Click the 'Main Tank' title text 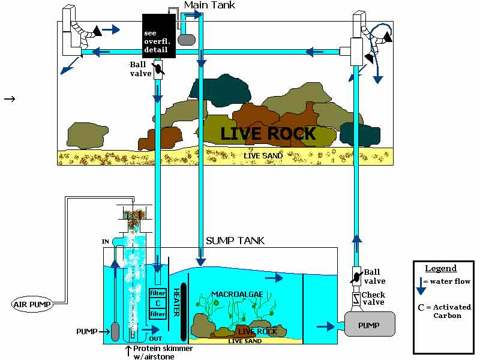[x=209, y=5]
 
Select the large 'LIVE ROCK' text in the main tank [x=268, y=133]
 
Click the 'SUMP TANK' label [x=235, y=241]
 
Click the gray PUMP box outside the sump [x=368, y=325]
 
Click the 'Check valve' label [x=373, y=298]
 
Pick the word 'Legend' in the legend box [x=440, y=269]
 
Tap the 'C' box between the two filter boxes [x=157, y=303]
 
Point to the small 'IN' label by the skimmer [x=106, y=242]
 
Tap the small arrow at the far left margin [x=9, y=97]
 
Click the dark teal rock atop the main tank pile [x=219, y=89]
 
